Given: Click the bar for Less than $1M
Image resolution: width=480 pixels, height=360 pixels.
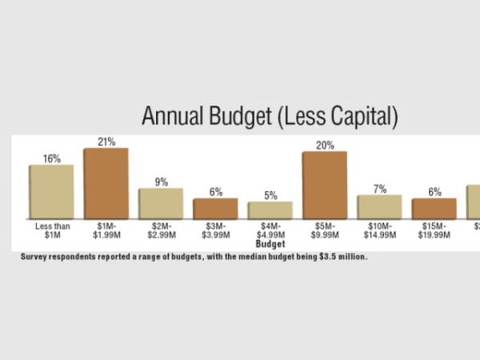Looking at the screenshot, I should [x=51, y=192].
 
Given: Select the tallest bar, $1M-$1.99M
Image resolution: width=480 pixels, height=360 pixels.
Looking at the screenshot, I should [x=106, y=184].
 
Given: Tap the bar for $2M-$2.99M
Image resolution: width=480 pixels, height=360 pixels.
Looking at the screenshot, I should [x=161, y=204].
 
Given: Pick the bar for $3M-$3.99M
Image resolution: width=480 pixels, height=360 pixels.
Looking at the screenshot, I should [x=215, y=209].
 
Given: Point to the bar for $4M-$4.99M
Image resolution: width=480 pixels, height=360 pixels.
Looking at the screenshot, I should [x=270, y=210].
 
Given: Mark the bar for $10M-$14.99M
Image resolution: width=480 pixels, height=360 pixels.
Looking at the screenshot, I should [x=379, y=207].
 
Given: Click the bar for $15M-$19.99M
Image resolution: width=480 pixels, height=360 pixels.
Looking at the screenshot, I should [x=434, y=209].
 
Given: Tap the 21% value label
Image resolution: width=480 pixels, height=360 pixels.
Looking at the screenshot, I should [x=106, y=142].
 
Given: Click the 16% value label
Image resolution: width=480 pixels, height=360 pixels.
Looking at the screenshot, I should [x=51, y=158].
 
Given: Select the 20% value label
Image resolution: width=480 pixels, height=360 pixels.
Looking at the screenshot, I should [x=324, y=145].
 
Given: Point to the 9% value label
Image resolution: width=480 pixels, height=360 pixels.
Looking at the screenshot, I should [x=161, y=182].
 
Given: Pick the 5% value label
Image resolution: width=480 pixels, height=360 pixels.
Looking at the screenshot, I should [x=270, y=195].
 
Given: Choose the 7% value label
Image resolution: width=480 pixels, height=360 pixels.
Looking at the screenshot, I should [x=379, y=189].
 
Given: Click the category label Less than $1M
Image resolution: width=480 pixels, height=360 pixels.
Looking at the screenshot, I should [x=53, y=230].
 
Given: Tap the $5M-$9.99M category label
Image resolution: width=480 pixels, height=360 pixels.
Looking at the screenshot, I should [x=324, y=230].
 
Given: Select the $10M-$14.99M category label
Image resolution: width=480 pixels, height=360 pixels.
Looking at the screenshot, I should [x=379, y=230].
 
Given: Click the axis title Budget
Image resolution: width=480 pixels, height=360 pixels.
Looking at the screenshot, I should [x=270, y=243].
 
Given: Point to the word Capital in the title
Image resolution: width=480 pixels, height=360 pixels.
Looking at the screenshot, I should [x=357, y=116].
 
